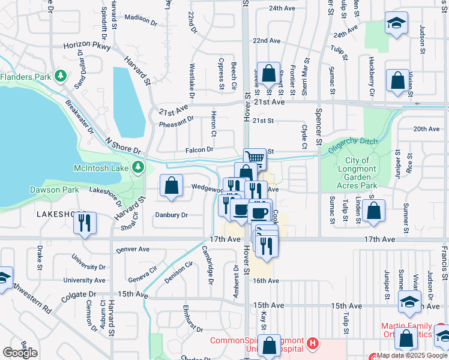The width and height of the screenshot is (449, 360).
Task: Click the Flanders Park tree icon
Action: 59,76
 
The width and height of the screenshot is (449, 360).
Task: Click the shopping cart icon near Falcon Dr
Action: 255,158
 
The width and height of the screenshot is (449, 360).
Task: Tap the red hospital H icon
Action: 312,343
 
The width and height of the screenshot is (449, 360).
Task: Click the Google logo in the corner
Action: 20,353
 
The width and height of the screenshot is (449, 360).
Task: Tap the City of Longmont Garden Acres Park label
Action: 360,173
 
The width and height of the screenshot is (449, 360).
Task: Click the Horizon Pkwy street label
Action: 87,46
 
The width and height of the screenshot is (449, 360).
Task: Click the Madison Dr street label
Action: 140,20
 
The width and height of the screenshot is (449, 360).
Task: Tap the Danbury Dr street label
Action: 171,215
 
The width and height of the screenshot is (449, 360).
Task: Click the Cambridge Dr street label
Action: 208,263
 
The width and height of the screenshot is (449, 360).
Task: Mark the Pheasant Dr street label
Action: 176,124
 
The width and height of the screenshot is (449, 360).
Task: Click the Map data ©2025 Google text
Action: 408,355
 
